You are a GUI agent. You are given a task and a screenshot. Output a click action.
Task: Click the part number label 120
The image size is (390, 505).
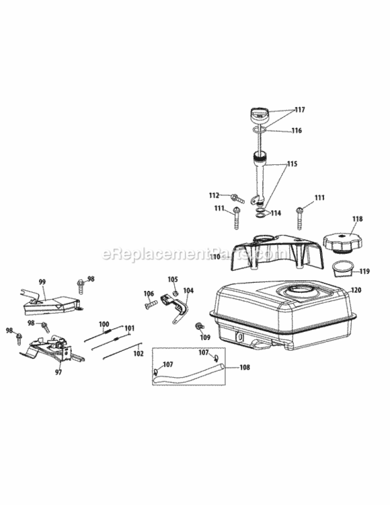pyautogui.click(x=356, y=290)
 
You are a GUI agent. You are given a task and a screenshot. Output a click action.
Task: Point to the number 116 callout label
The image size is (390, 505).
pyautogui.click(x=297, y=131)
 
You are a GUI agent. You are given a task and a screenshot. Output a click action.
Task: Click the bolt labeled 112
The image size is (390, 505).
pyautogui.click(x=237, y=198)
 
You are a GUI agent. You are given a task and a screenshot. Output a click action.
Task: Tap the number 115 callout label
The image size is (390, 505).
pyautogui.click(x=292, y=164)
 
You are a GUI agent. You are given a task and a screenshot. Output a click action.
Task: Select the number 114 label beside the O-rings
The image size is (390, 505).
pyautogui.click(x=276, y=213)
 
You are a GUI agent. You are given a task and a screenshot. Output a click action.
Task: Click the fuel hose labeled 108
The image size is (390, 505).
pyautogui.click(x=189, y=374)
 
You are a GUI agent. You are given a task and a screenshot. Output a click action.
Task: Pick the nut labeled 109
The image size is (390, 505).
pyautogui.click(x=198, y=327)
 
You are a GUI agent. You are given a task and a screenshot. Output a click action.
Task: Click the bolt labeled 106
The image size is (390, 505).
pyautogui.click(x=151, y=304)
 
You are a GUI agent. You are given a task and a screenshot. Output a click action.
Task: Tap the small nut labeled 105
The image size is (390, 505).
pyautogui.click(x=175, y=293)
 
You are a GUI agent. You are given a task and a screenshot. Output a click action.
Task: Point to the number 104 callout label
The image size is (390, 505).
pyautogui.click(x=188, y=290)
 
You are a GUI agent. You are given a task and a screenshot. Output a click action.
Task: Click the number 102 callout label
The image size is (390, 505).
pyautogui.click(x=139, y=353)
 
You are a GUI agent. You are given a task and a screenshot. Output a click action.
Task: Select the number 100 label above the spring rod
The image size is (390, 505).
pyautogui.click(x=104, y=324)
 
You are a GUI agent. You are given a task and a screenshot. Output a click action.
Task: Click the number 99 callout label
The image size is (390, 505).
pyautogui.click(x=42, y=282)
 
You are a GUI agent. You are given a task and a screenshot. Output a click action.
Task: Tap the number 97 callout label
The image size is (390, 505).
pyautogui.click(x=58, y=372)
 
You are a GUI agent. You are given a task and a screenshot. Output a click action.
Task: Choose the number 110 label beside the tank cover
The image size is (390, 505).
pyautogui.click(x=215, y=257)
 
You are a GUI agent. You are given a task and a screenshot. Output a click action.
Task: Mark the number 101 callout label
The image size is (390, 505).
pyautogui.click(x=129, y=328)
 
